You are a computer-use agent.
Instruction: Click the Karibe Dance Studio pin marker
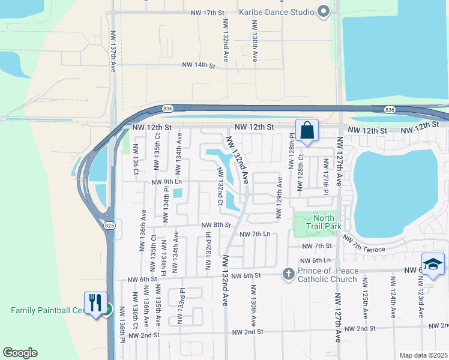click(x=324, y=11)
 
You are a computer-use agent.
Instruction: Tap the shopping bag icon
click(x=307, y=130)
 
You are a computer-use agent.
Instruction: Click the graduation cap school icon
click(x=433, y=264)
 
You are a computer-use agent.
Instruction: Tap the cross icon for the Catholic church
click(x=288, y=274)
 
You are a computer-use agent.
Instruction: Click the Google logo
click(x=20, y=353)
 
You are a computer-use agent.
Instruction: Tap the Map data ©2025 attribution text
click(x=423, y=355)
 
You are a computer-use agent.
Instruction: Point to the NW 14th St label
click(x=199, y=65)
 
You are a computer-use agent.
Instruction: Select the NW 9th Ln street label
click(x=166, y=182)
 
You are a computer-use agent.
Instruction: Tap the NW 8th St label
click(x=216, y=225)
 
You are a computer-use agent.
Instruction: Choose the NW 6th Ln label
click(x=318, y=260)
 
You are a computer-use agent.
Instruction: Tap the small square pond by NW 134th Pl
click(x=178, y=193)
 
